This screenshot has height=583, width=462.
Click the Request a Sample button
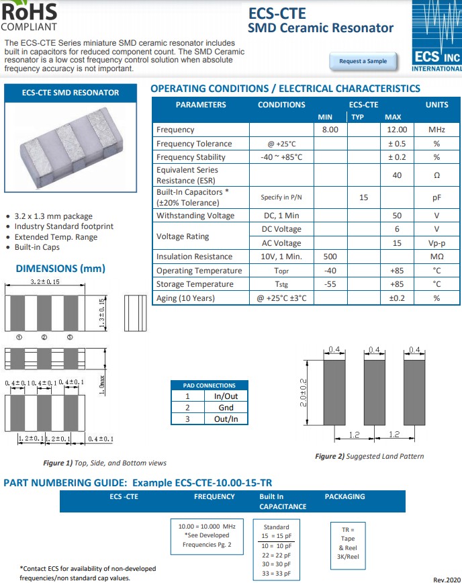(363, 61)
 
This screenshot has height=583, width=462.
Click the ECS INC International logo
(437, 37)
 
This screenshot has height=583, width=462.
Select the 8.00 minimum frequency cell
(330, 130)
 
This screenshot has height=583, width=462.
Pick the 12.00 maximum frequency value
(397, 130)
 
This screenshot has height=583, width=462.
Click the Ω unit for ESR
(436, 175)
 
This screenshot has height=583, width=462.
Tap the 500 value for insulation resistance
(330, 257)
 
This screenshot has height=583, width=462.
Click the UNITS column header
(436, 105)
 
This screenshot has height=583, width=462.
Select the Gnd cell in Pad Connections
(226, 408)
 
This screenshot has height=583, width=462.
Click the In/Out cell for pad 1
(226, 396)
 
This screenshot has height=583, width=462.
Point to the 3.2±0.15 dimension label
(45, 282)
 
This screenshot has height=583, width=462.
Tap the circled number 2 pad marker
(44, 337)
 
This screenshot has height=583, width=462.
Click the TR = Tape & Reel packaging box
(349, 543)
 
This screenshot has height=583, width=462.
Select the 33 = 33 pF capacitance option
(276, 573)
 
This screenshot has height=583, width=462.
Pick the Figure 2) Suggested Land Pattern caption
(369, 456)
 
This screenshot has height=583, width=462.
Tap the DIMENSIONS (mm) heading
(60, 269)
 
